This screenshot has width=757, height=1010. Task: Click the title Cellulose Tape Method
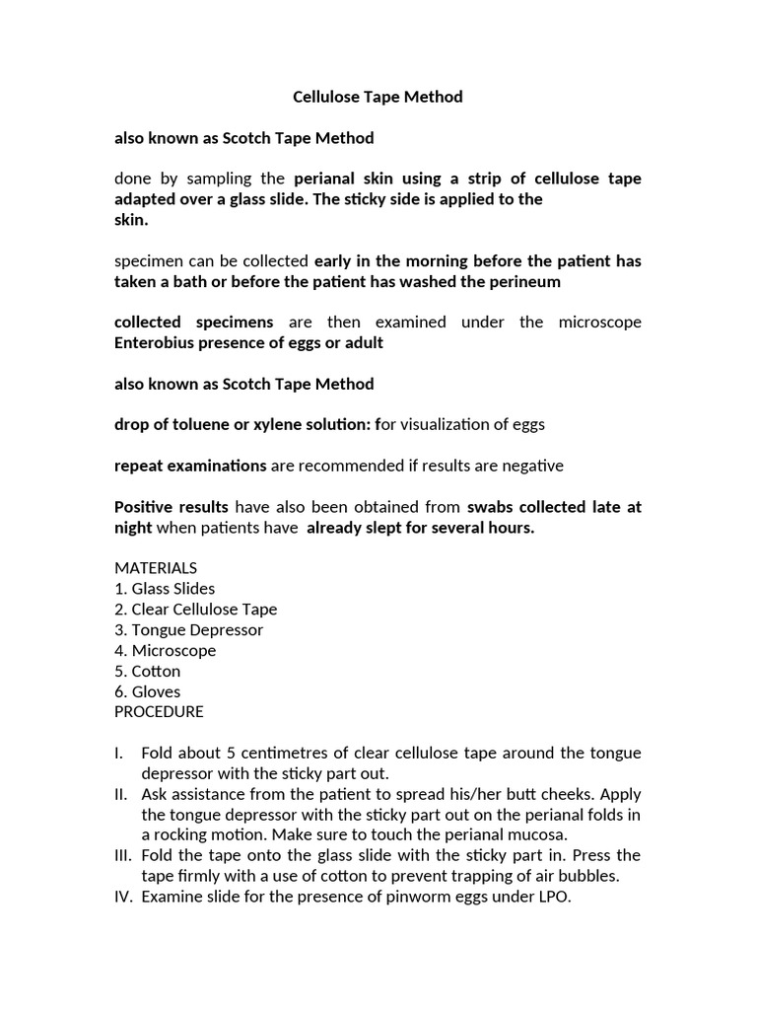[x=378, y=97]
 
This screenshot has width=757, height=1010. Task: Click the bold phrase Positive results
[x=172, y=506]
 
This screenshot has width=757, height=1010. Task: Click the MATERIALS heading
[x=156, y=567]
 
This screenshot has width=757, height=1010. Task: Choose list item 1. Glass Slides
[x=165, y=588]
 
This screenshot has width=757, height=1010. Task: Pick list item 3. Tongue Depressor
[x=189, y=629]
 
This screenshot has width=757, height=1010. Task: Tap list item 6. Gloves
[x=148, y=691]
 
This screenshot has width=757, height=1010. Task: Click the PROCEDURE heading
[x=159, y=711]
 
